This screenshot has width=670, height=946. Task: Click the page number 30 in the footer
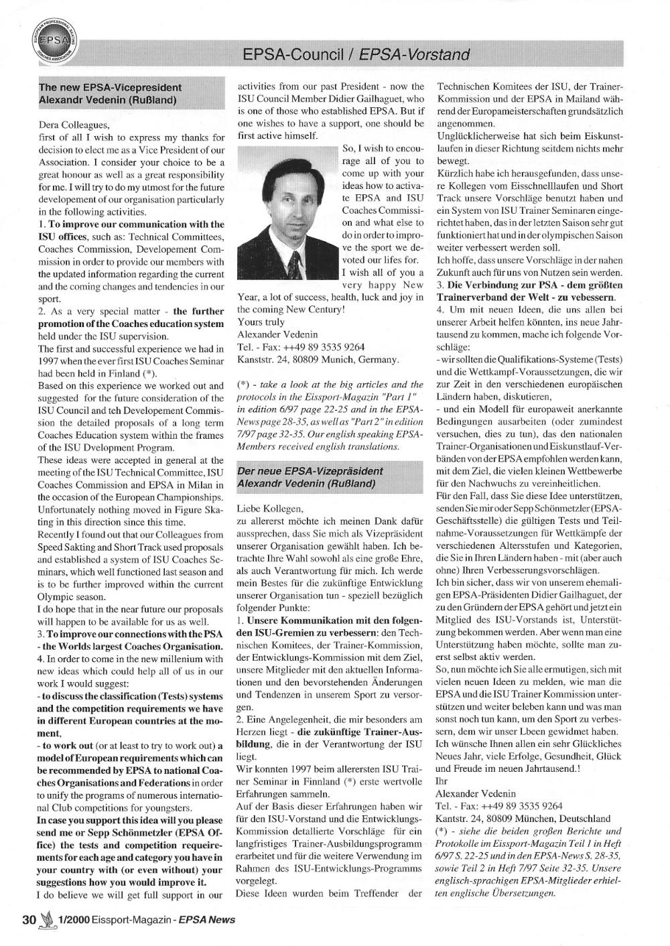[28, 919]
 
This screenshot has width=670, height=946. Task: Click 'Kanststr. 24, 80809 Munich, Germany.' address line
[318, 359]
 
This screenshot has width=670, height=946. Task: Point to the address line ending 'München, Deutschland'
[523, 818]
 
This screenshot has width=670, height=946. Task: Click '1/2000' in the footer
[72, 919]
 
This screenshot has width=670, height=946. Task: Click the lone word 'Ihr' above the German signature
[441, 781]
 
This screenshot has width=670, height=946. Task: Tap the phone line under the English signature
[301, 346]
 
